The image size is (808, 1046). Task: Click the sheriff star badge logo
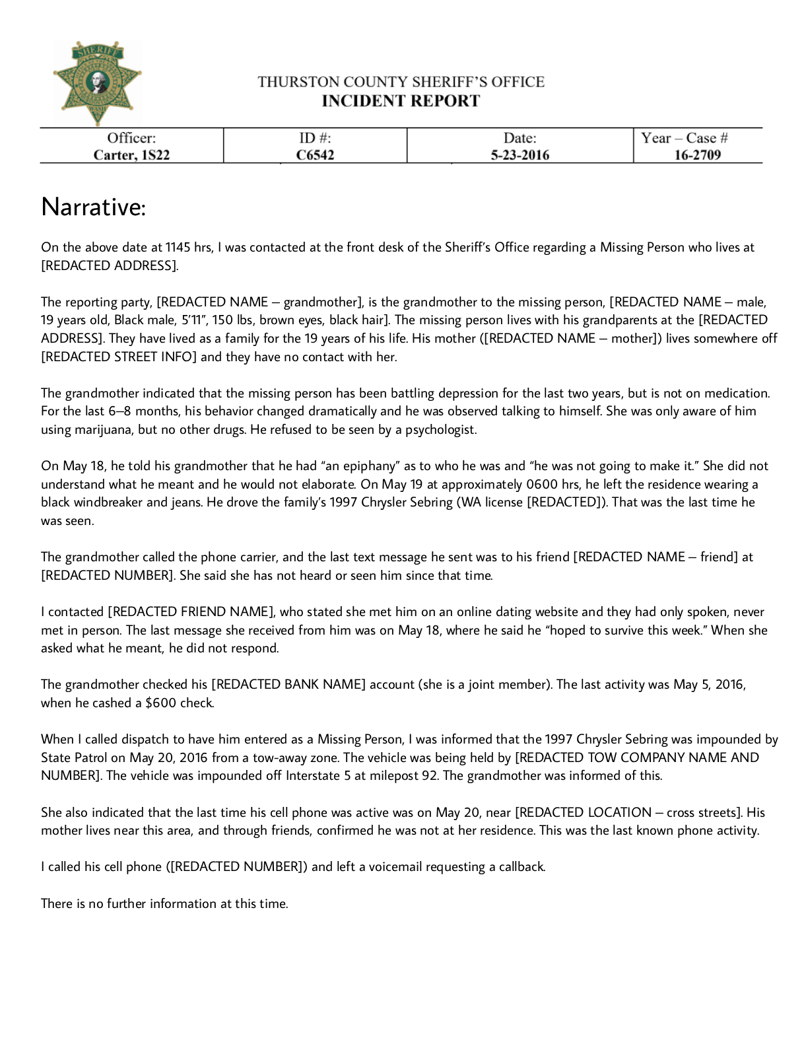click(x=98, y=83)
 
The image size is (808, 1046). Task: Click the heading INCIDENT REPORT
click(x=401, y=101)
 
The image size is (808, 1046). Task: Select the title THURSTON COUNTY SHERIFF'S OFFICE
click(x=401, y=82)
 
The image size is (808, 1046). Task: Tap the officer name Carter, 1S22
click(x=131, y=155)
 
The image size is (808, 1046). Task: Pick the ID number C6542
click(x=315, y=155)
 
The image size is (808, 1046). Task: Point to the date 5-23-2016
click(x=520, y=155)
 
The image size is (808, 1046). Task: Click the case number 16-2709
click(x=697, y=155)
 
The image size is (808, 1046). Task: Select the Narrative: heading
click(x=93, y=207)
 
